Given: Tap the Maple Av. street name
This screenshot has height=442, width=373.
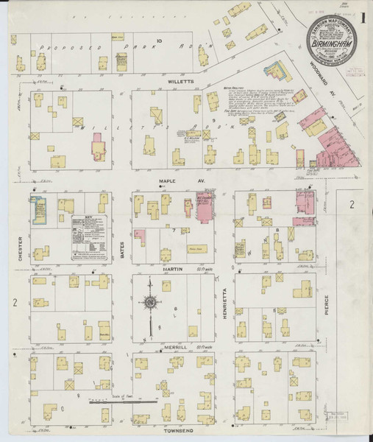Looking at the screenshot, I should tap(168, 180).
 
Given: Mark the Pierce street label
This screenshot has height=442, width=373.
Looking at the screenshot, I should tap(327, 306).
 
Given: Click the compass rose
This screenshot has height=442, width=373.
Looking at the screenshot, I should tap(150, 302).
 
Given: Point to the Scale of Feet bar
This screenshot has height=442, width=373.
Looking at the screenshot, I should tap(122, 402).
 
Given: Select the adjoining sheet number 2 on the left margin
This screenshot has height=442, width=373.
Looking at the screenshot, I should tap(15, 303).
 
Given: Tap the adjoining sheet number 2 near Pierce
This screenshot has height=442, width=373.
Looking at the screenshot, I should tap(352, 204).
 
